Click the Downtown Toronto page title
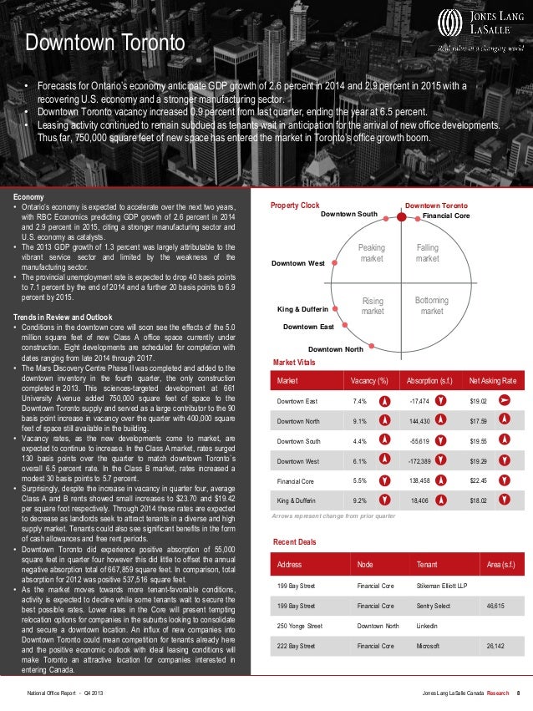tap(104, 42)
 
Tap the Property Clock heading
tap(295, 205)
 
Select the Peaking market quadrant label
tap(371, 253)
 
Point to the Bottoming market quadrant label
tap(431, 306)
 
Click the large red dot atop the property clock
tap(402, 216)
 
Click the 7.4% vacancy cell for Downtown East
tap(361, 401)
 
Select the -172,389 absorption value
tap(425, 460)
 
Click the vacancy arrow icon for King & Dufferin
tap(384, 500)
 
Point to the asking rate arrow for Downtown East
tap(505, 401)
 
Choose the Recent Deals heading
tap(295, 542)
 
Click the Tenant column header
tap(426, 564)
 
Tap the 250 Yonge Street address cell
tap(300, 625)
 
